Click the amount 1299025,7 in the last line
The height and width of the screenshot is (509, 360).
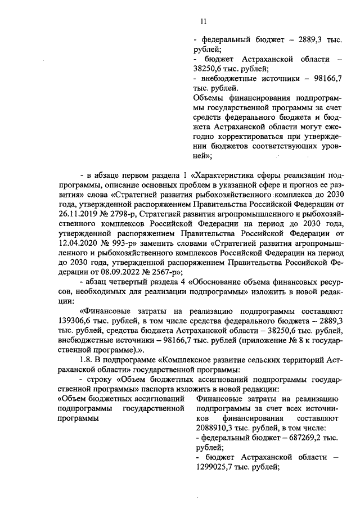coord(214,467)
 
